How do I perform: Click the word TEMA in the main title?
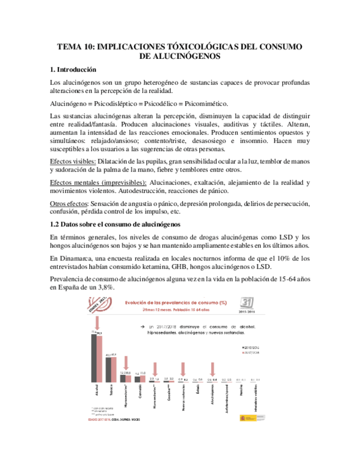(70, 47)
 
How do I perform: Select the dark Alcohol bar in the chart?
(93, 357)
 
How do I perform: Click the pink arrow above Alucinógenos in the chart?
(213, 369)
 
